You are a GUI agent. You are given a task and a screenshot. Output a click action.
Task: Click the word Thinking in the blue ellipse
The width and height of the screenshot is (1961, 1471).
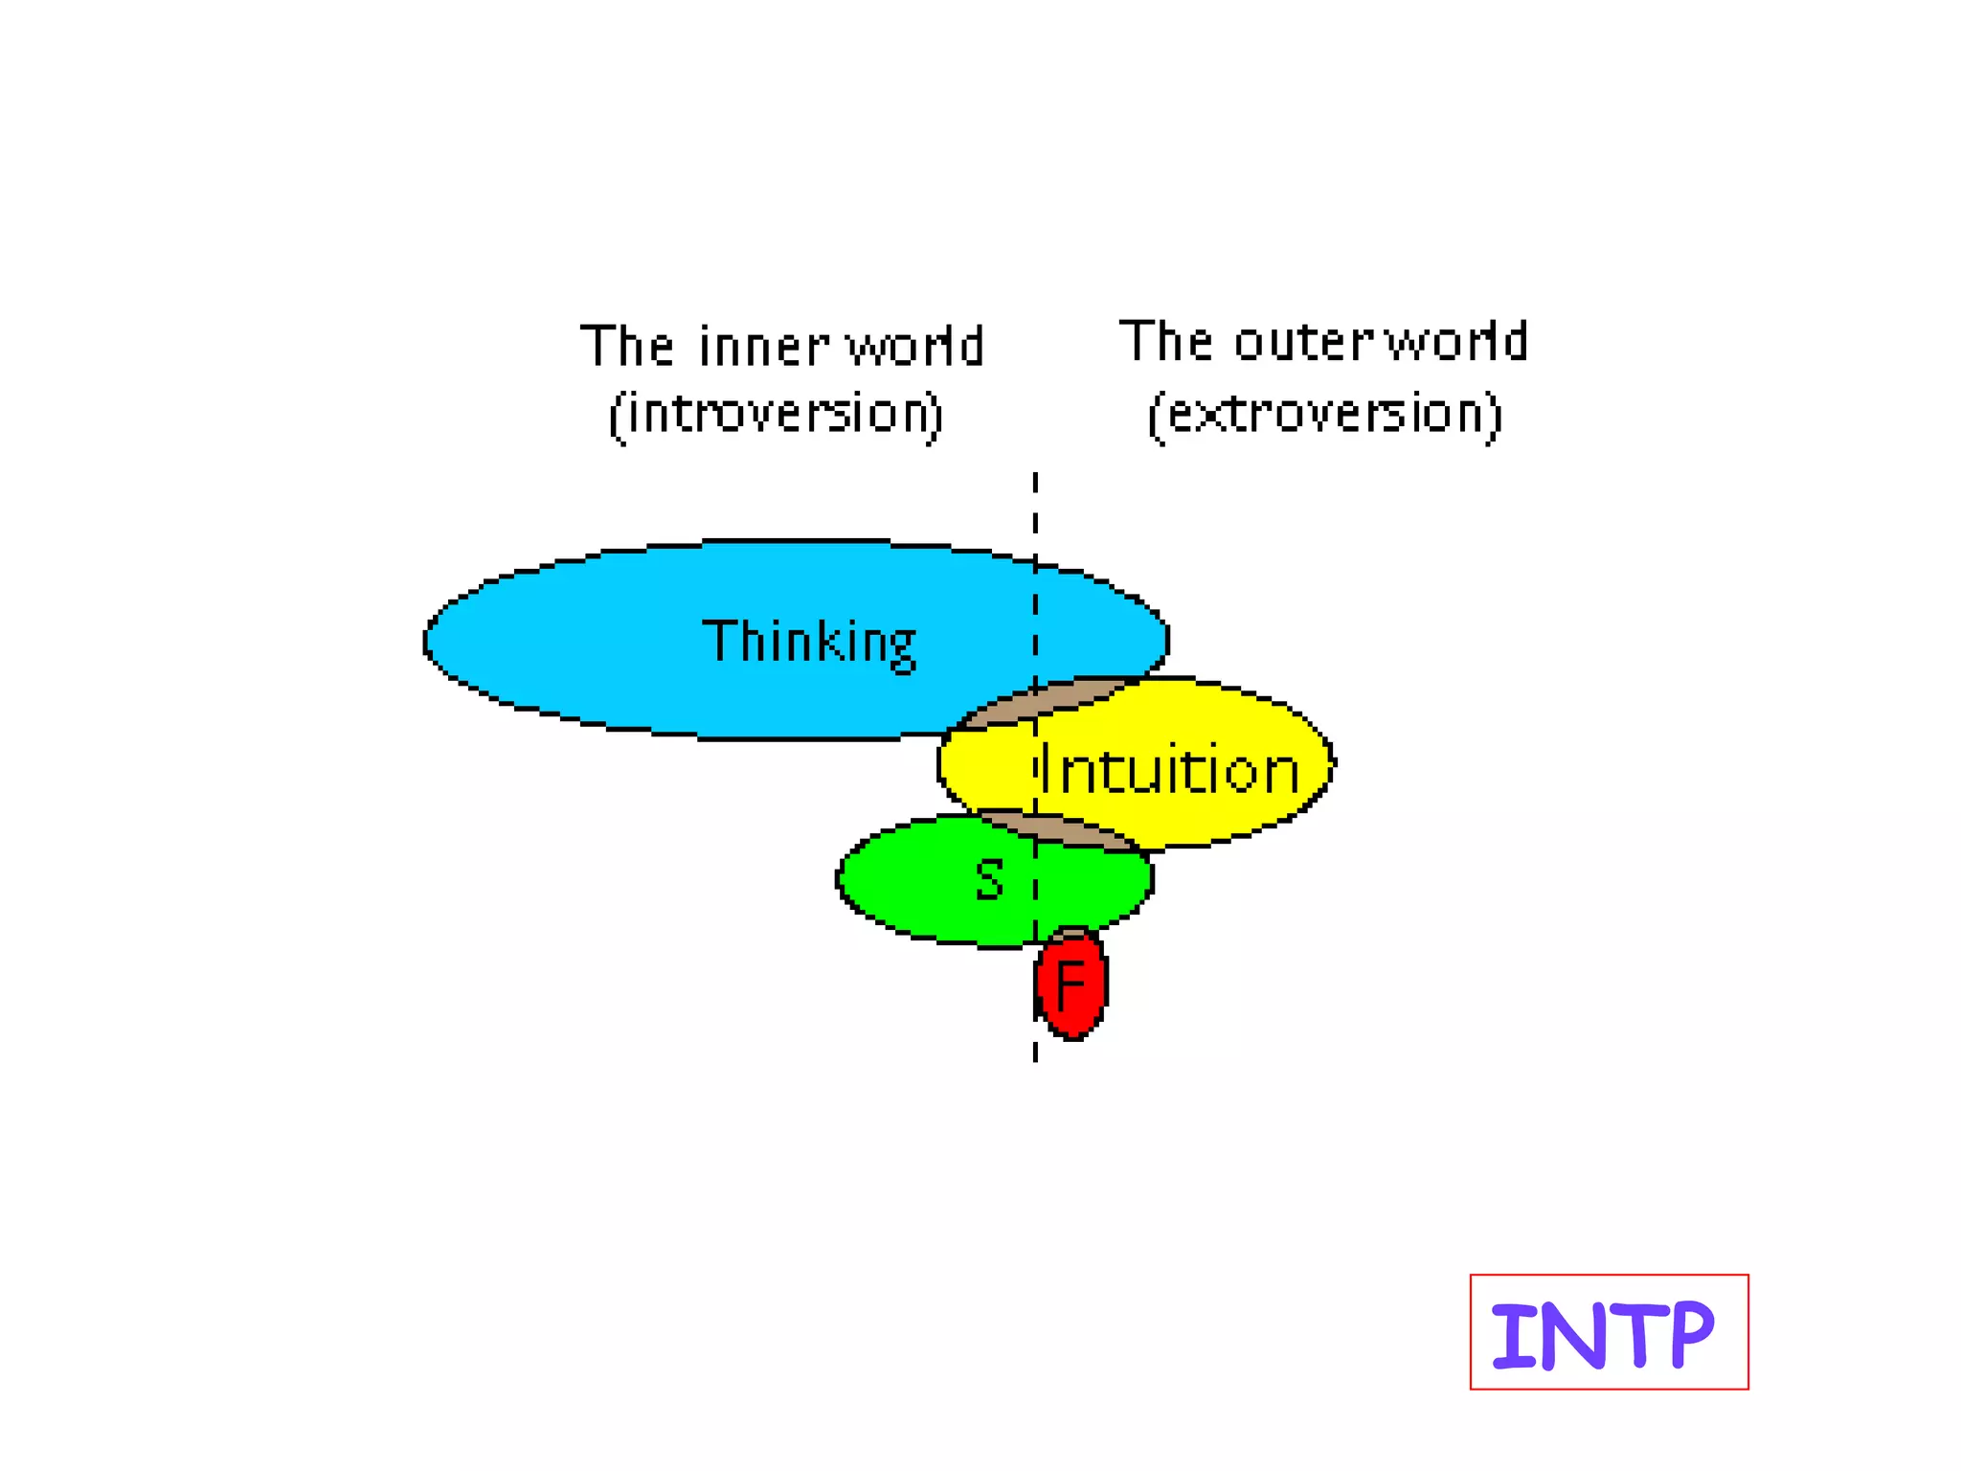click(x=809, y=642)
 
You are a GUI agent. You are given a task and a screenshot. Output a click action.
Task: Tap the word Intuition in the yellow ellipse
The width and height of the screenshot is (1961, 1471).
click(x=1169, y=769)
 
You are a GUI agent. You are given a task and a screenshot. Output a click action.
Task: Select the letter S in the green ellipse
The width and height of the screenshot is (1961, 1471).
click(x=989, y=879)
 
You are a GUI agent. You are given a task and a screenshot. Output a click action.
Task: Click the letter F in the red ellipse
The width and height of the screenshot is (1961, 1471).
click(x=1070, y=984)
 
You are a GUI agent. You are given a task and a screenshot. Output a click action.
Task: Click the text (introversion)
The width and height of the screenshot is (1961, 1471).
click(x=777, y=415)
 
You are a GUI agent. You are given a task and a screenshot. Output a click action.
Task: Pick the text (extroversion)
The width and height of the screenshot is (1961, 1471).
click(x=1324, y=415)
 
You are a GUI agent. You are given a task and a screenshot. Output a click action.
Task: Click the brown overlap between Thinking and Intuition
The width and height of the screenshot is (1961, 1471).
click(x=1044, y=701)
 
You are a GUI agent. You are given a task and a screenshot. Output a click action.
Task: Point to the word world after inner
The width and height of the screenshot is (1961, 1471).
click(x=914, y=346)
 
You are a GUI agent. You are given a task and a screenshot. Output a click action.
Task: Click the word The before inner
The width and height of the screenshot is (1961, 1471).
click(x=626, y=346)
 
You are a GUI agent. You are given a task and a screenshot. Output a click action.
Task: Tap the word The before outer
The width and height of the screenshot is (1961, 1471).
click(x=1165, y=342)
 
